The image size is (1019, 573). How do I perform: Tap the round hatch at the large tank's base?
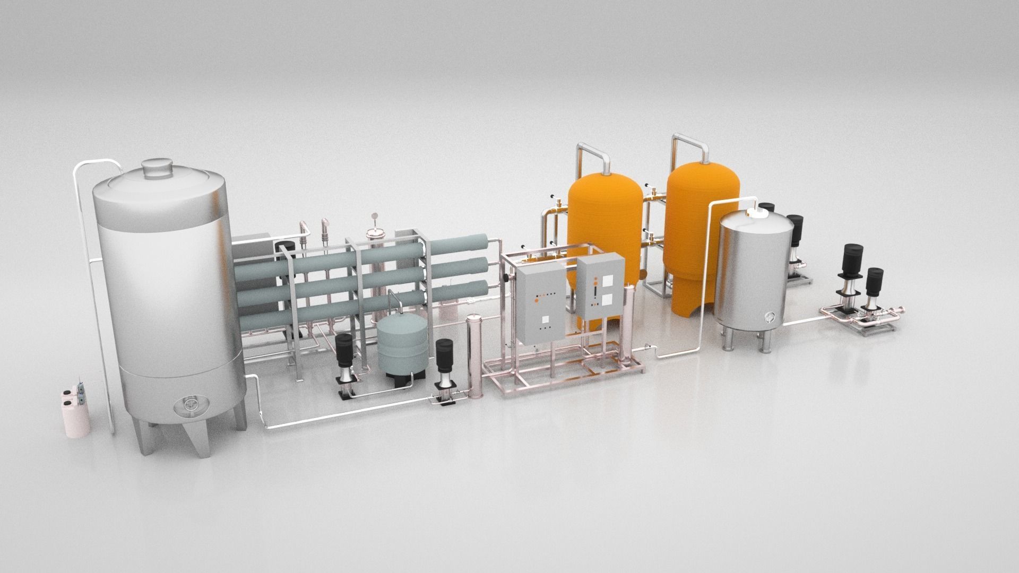coord(189,405)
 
